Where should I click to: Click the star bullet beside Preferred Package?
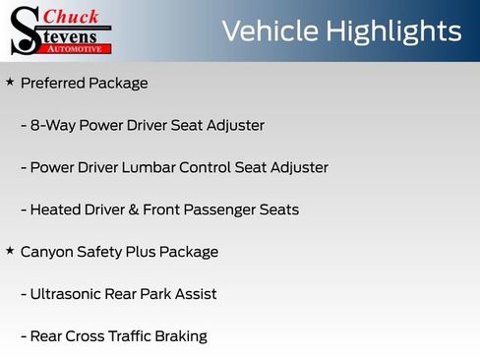10,83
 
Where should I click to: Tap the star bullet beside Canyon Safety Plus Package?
10,251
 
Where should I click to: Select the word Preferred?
52,84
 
